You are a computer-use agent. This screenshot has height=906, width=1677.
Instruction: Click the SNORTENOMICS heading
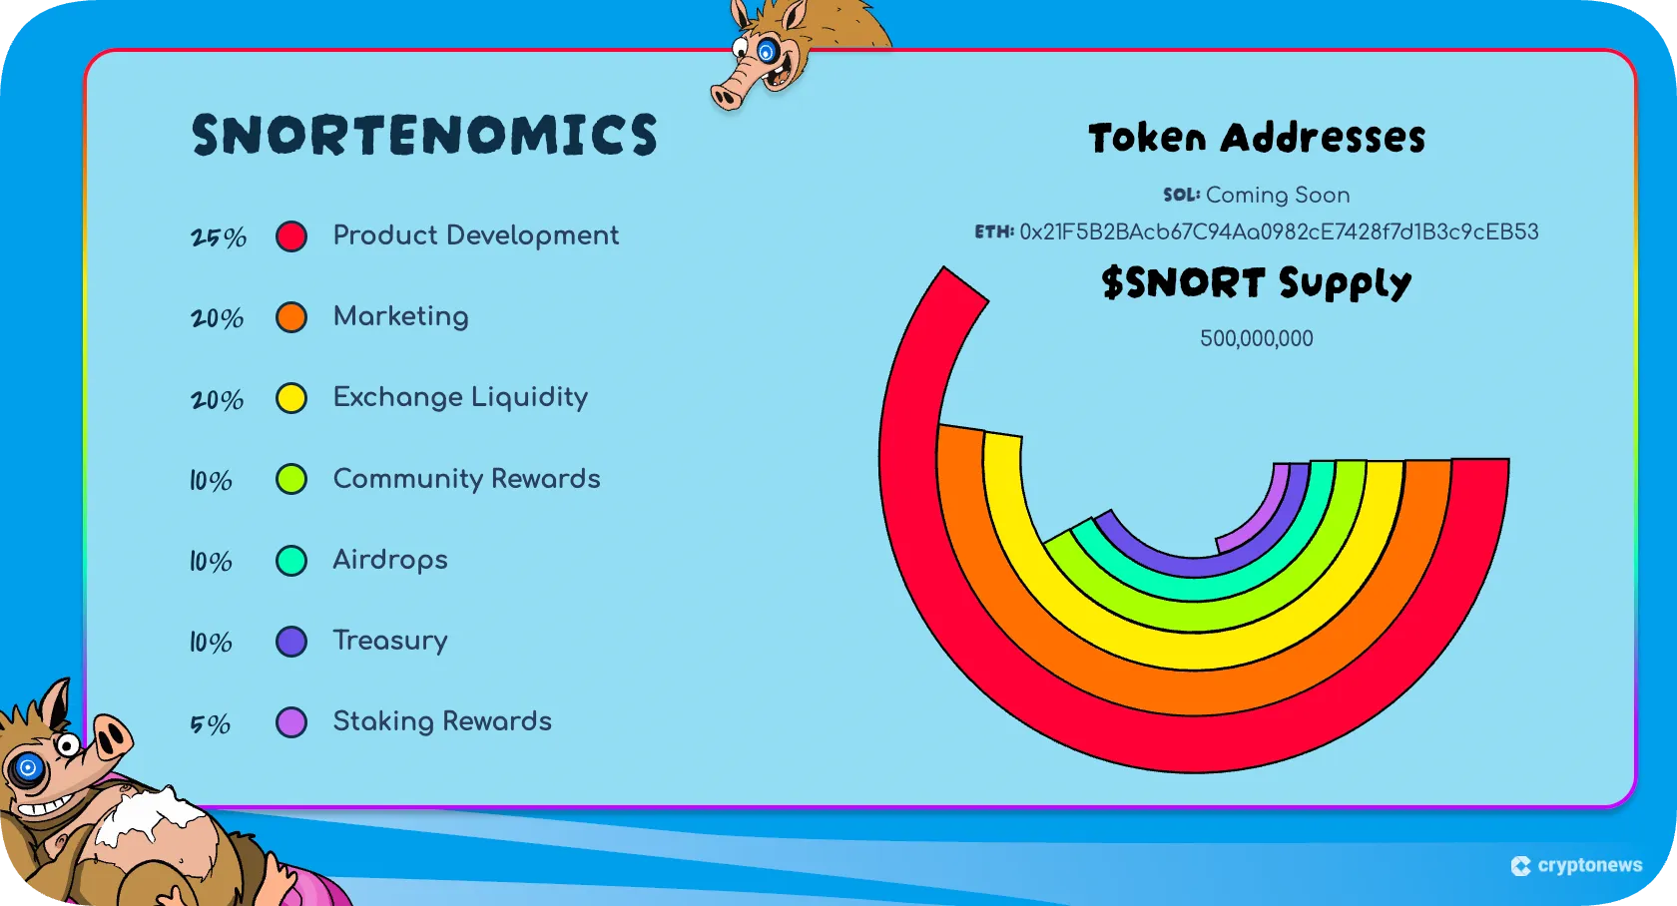(x=424, y=135)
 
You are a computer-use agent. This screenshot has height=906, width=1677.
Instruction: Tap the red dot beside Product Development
(x=291, y=236)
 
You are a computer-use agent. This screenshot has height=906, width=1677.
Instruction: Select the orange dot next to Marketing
(x=291, y=317)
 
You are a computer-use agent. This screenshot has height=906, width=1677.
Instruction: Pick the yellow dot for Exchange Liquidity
(x=291, y=398)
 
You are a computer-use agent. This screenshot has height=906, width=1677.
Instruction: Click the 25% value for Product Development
(x=219, y=237)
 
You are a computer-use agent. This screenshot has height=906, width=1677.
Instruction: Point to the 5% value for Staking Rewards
(x=211, y=723)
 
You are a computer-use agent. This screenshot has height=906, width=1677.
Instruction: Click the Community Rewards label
(x=466, y=479)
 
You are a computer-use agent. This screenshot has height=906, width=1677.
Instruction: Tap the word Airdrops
(x=390, y=560)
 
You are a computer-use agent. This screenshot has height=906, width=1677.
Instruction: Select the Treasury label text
(x=390, y=641)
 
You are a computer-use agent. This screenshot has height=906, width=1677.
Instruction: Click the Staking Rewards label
(x=442, y=721)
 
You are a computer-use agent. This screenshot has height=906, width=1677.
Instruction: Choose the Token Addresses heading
(x=1257, y=138)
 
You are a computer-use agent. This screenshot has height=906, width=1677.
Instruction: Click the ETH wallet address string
(x=1279, y=232)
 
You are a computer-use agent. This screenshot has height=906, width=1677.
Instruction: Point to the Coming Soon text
(x=1278, y=195)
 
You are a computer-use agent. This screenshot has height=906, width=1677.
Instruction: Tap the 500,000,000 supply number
(x=1256, y=339)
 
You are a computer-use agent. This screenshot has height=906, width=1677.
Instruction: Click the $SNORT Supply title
(x=1257, y=283)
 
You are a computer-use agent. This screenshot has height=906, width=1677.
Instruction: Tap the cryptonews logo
(x=1577, y=865)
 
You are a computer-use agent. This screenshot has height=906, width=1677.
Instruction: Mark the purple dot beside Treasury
(x=291, y=642)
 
